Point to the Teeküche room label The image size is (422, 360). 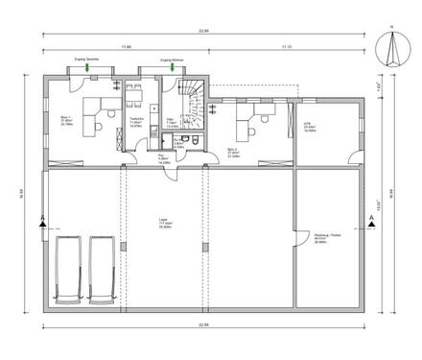pyautogui.click(x=137, y=122)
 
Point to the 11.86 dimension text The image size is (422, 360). pyautogui.click(x=126, y=45)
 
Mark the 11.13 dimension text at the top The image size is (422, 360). pyautogui.click(x=286, y=45)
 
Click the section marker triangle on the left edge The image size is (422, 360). pyautogui.click(x=36, y=225)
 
